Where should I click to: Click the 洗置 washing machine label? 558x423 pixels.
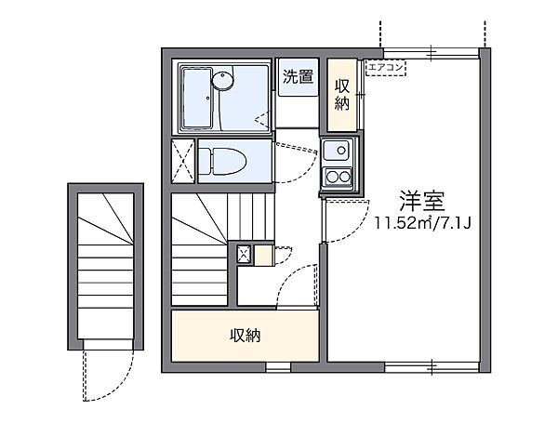click(x=298, y=78)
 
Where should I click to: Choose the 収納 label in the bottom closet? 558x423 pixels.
click(x=246, y=335)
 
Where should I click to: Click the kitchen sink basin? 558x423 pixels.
click(x=335, y=150)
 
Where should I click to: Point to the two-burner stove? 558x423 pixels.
click(x=335, y=177)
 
